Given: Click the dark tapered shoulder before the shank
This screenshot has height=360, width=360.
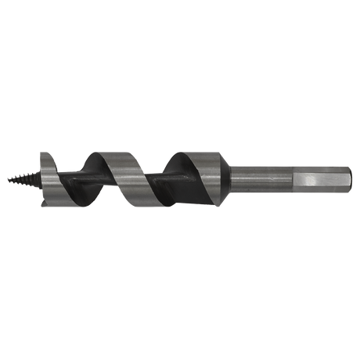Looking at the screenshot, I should [x=223, y=178].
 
